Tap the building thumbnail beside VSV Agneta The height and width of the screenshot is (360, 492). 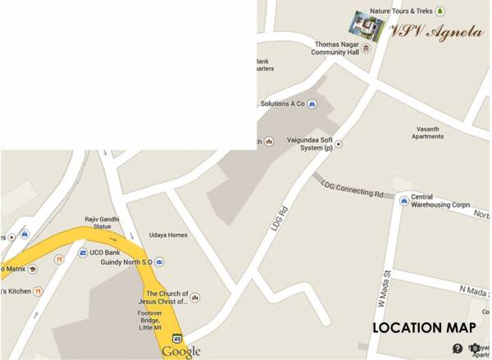point(367,26)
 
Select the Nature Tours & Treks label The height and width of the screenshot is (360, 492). point(400,11)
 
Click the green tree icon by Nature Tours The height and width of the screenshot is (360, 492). point(440,11)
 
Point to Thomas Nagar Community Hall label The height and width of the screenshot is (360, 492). point(335,48)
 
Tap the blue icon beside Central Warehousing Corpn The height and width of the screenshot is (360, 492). point(403,199)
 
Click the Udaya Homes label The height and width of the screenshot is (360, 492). point(168,235)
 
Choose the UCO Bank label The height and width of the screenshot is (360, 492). point(111,252)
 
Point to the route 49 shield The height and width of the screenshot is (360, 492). point(176,338)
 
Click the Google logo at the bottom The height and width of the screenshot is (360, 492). point(180,351)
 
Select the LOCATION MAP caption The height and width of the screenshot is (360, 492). point(424,327)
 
